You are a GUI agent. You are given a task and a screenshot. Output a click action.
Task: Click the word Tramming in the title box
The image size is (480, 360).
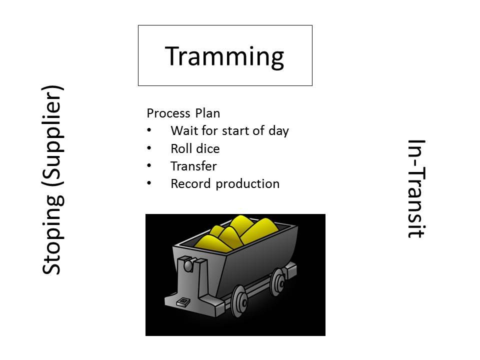[224, 57]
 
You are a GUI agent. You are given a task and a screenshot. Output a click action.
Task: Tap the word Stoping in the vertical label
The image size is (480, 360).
[52, 234]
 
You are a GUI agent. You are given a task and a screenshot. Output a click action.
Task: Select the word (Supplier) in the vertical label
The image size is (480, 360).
[52, 136]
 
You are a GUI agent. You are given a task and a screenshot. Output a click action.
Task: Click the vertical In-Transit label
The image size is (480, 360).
[416, 188]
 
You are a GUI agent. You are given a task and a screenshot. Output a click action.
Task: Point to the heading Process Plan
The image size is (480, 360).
[183, 113]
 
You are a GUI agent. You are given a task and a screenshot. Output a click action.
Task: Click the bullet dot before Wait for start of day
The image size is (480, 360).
[149, 130]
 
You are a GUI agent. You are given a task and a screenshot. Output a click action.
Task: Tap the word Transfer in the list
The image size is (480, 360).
[194, 166]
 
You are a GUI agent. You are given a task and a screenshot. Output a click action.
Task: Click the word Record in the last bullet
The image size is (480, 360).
[190, 183]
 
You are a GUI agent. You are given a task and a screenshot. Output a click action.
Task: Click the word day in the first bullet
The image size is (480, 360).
[279, 131]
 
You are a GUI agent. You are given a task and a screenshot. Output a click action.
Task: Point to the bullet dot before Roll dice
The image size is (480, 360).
[149, 148]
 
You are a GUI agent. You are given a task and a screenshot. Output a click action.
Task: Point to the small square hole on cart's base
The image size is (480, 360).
[183, 302]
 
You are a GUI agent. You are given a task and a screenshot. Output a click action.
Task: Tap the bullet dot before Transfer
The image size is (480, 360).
[149, 165]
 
